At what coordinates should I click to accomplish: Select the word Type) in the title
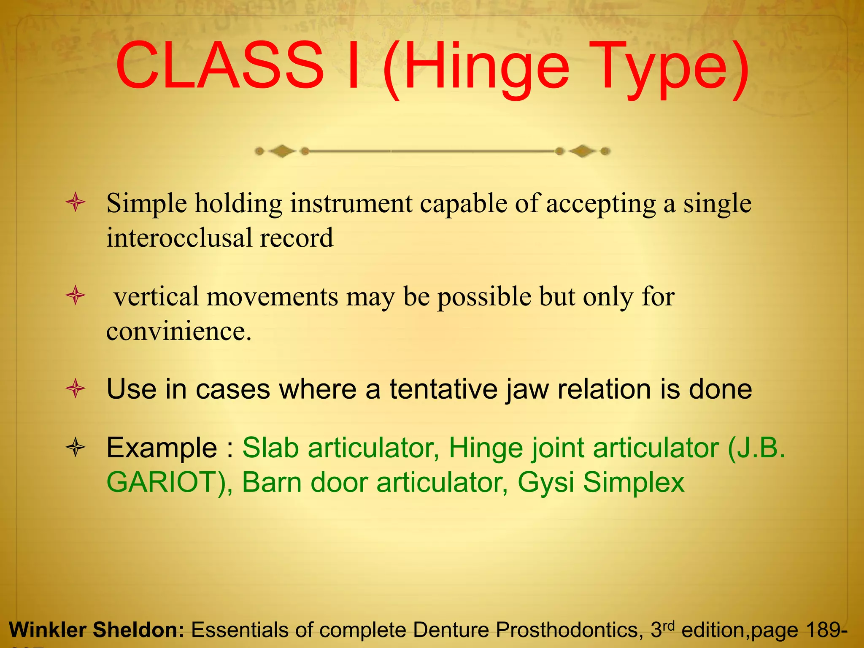671,70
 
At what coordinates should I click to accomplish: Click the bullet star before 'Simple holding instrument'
76,203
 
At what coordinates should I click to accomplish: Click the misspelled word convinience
178,331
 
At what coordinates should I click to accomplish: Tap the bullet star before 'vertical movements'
76,295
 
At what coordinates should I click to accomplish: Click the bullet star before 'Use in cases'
76,389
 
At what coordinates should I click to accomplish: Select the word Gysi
545,482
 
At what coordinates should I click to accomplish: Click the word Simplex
634,482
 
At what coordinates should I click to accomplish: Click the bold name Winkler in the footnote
47,630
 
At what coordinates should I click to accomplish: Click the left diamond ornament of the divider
282,151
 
